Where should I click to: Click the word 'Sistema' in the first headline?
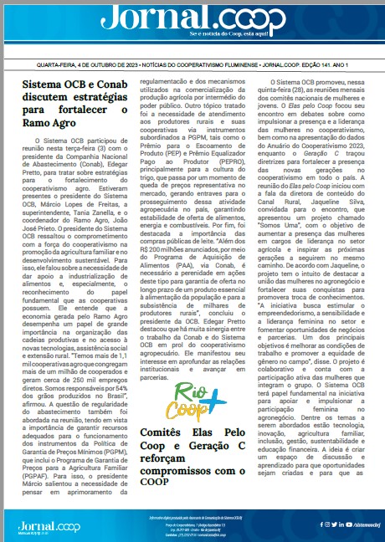(x=41, y=84)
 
